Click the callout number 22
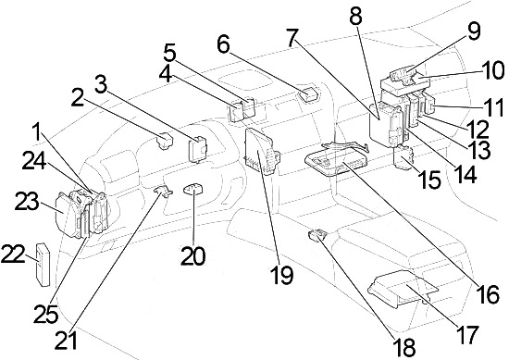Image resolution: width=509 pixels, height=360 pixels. click(13, 254)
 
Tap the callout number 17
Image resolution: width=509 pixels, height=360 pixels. click(466, 334)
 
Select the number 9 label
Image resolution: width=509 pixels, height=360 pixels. click(474, 31)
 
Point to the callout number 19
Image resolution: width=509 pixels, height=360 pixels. click(282, 275)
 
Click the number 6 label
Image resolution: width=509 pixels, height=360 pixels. click(223, 44)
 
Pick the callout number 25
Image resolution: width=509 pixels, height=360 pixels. click(46, 314)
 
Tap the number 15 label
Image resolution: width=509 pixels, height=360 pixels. click(430, 180)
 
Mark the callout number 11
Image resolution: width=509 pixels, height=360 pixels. click(492, 107)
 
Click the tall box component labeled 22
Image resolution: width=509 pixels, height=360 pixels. click(43, 265)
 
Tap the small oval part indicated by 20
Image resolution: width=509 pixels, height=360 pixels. click(192, 189)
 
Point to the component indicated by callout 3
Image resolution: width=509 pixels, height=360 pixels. click(197, 149)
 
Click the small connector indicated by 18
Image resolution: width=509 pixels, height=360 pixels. click(317, 235)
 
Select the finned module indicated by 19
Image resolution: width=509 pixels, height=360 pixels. click(260, 151)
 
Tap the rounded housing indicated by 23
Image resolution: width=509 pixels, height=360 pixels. click(68, 214)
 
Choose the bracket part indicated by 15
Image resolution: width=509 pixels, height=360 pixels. click(403, 157)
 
